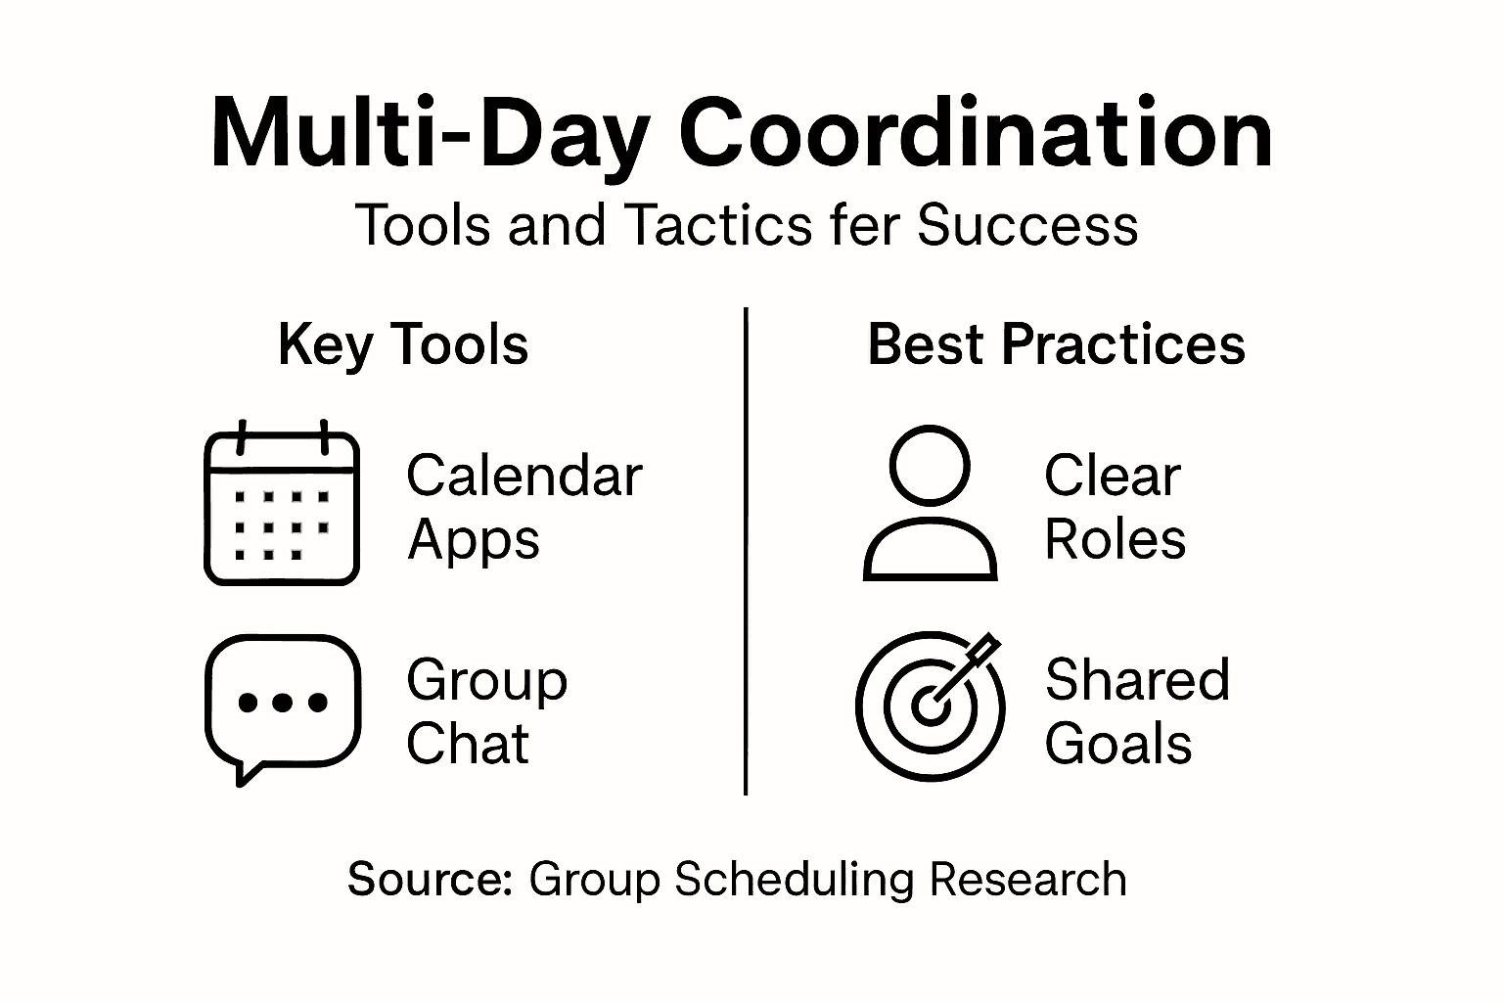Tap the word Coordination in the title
click(977, 131)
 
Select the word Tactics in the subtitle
click(718, 224)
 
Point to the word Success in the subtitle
click(1028, 225)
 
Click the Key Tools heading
click(403, 345)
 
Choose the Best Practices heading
click(1057, 344)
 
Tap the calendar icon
click(282, 502)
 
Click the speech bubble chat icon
click(283, 709)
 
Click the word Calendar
click(524, 476)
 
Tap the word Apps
click(474, 541)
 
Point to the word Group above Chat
click(487, 681)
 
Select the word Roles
click(1116, 539)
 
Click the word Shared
click(1138, 679)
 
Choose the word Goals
click(1118, 744)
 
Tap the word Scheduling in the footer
click(794, 880)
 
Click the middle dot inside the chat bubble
click(283, 703)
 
